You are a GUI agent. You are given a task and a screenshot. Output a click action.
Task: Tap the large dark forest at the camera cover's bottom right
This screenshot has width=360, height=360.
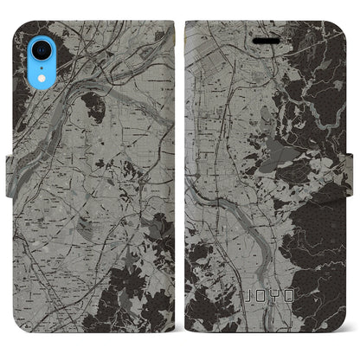click(143, 286)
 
